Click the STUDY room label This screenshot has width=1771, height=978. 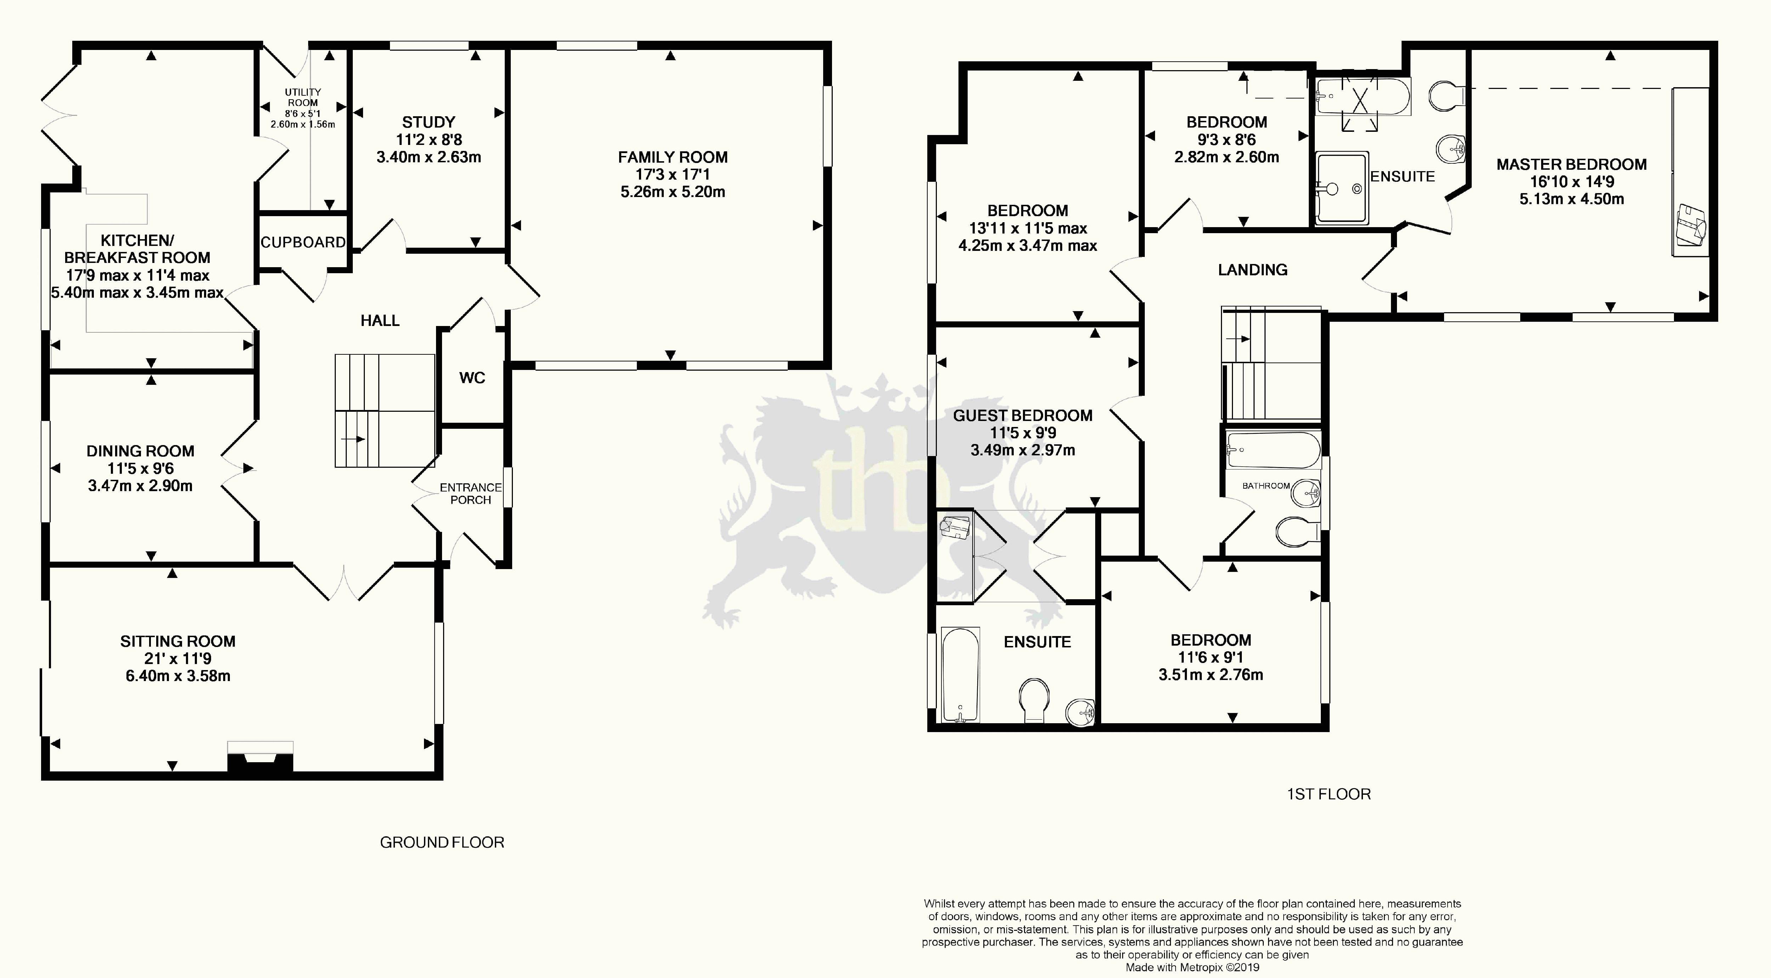pos(428,122)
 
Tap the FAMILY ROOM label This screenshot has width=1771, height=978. pos(672,157)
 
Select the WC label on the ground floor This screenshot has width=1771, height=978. pos(472,378)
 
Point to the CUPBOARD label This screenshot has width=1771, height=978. pos(302,242)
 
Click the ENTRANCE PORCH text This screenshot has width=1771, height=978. pos(471,493)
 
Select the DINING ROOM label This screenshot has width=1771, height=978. pos(140,451)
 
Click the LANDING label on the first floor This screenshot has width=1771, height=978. pos(1252,270)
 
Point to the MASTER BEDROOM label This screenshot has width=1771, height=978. pos(1572,164)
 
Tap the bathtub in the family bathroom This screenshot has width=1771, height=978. pos(1273,450)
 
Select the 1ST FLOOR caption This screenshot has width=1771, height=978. pos(1328,794)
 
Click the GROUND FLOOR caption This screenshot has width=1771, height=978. pos(442,843)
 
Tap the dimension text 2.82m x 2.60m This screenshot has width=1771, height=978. pos(1227,157)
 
